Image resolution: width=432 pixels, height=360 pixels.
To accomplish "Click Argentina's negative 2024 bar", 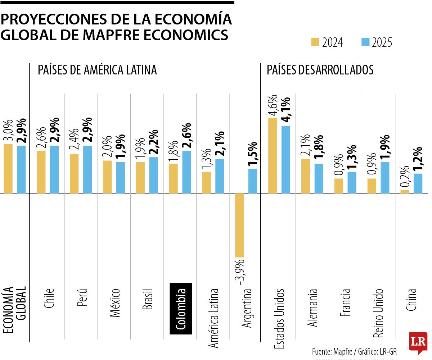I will pyautogui.click(x=239, y=225).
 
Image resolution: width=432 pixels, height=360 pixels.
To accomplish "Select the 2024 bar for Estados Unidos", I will pyautogui.click(x=273, y=155).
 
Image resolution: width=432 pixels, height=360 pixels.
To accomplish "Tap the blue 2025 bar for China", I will pyautogui.click(x=418, y=183).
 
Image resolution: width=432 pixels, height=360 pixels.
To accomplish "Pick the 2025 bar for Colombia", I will pyautogui.click(x=186, y=172).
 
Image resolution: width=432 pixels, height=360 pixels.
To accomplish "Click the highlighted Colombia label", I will pyautogui.click(x=181, y=309).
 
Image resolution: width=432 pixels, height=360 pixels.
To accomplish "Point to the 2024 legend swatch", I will pyautogui.click(x=315, y=42).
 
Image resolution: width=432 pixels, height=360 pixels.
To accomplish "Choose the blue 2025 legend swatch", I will pyautogui.click(x=365, y=42).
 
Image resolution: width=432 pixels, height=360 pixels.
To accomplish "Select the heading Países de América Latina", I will pyautogui.click(x=97, y=70).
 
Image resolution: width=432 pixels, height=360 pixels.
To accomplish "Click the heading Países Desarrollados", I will pyautogui.click(x=320, y=70).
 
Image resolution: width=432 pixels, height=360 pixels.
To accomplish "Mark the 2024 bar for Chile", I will pyautogui.click(x=41, y=172).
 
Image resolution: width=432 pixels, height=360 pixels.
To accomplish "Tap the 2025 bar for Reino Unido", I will pyautogui.click(x=385, y=178).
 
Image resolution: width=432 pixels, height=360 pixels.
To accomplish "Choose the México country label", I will pyautogui.click(x=115, y=302).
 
